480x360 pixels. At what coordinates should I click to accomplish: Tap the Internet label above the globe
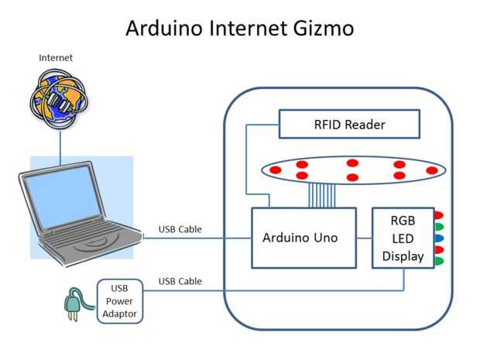(56, 58)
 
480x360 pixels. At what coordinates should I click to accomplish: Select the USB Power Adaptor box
(119, 300)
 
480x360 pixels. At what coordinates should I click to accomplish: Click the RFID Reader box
(349, 124)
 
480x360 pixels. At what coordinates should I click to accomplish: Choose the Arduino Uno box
(303, 238)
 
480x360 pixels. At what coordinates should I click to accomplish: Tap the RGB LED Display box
(402, 238)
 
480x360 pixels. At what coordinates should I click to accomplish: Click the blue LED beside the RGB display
(438, 238)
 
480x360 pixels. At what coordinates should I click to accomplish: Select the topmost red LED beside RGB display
(438, 215)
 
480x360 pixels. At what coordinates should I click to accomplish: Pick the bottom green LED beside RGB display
(438, 261)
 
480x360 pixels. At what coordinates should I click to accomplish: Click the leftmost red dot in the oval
(275, 169)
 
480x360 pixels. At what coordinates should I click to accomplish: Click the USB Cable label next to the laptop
(180, 228)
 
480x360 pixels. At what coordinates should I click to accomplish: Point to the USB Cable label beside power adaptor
(180, 281)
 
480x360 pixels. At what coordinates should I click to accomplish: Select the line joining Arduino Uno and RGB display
(364, 238)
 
